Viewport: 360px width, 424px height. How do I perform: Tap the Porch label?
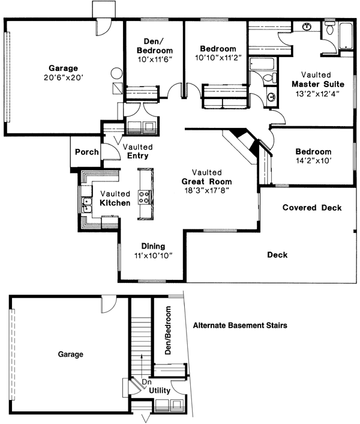pyautogui.click(x=86, y=152)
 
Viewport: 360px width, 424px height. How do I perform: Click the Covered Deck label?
pyautogui.click(x=312, y=208)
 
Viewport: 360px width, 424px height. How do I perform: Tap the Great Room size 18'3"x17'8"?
pyautogui.click(x=207, y=190)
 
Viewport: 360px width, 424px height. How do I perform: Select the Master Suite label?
pyautogui.click(x=314, y=85)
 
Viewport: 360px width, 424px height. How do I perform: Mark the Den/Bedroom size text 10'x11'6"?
pyautogui.click(x=154, y=61)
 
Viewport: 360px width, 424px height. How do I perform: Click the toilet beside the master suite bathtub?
pyautogui.click(x=331, y=28)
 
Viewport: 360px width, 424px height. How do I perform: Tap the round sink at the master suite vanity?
pyautogui.click(x=307, y=26)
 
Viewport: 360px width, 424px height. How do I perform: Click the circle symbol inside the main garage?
pyautogui.click(x=116, y=76)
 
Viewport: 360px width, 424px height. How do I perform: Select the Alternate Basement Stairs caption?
pyautogui.click(x=240, y=326)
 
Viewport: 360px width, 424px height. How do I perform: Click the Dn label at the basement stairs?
pyautogui.click(x=146, y=381)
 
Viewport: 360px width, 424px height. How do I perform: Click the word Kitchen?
pyautogui.click(x=115, y=204)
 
